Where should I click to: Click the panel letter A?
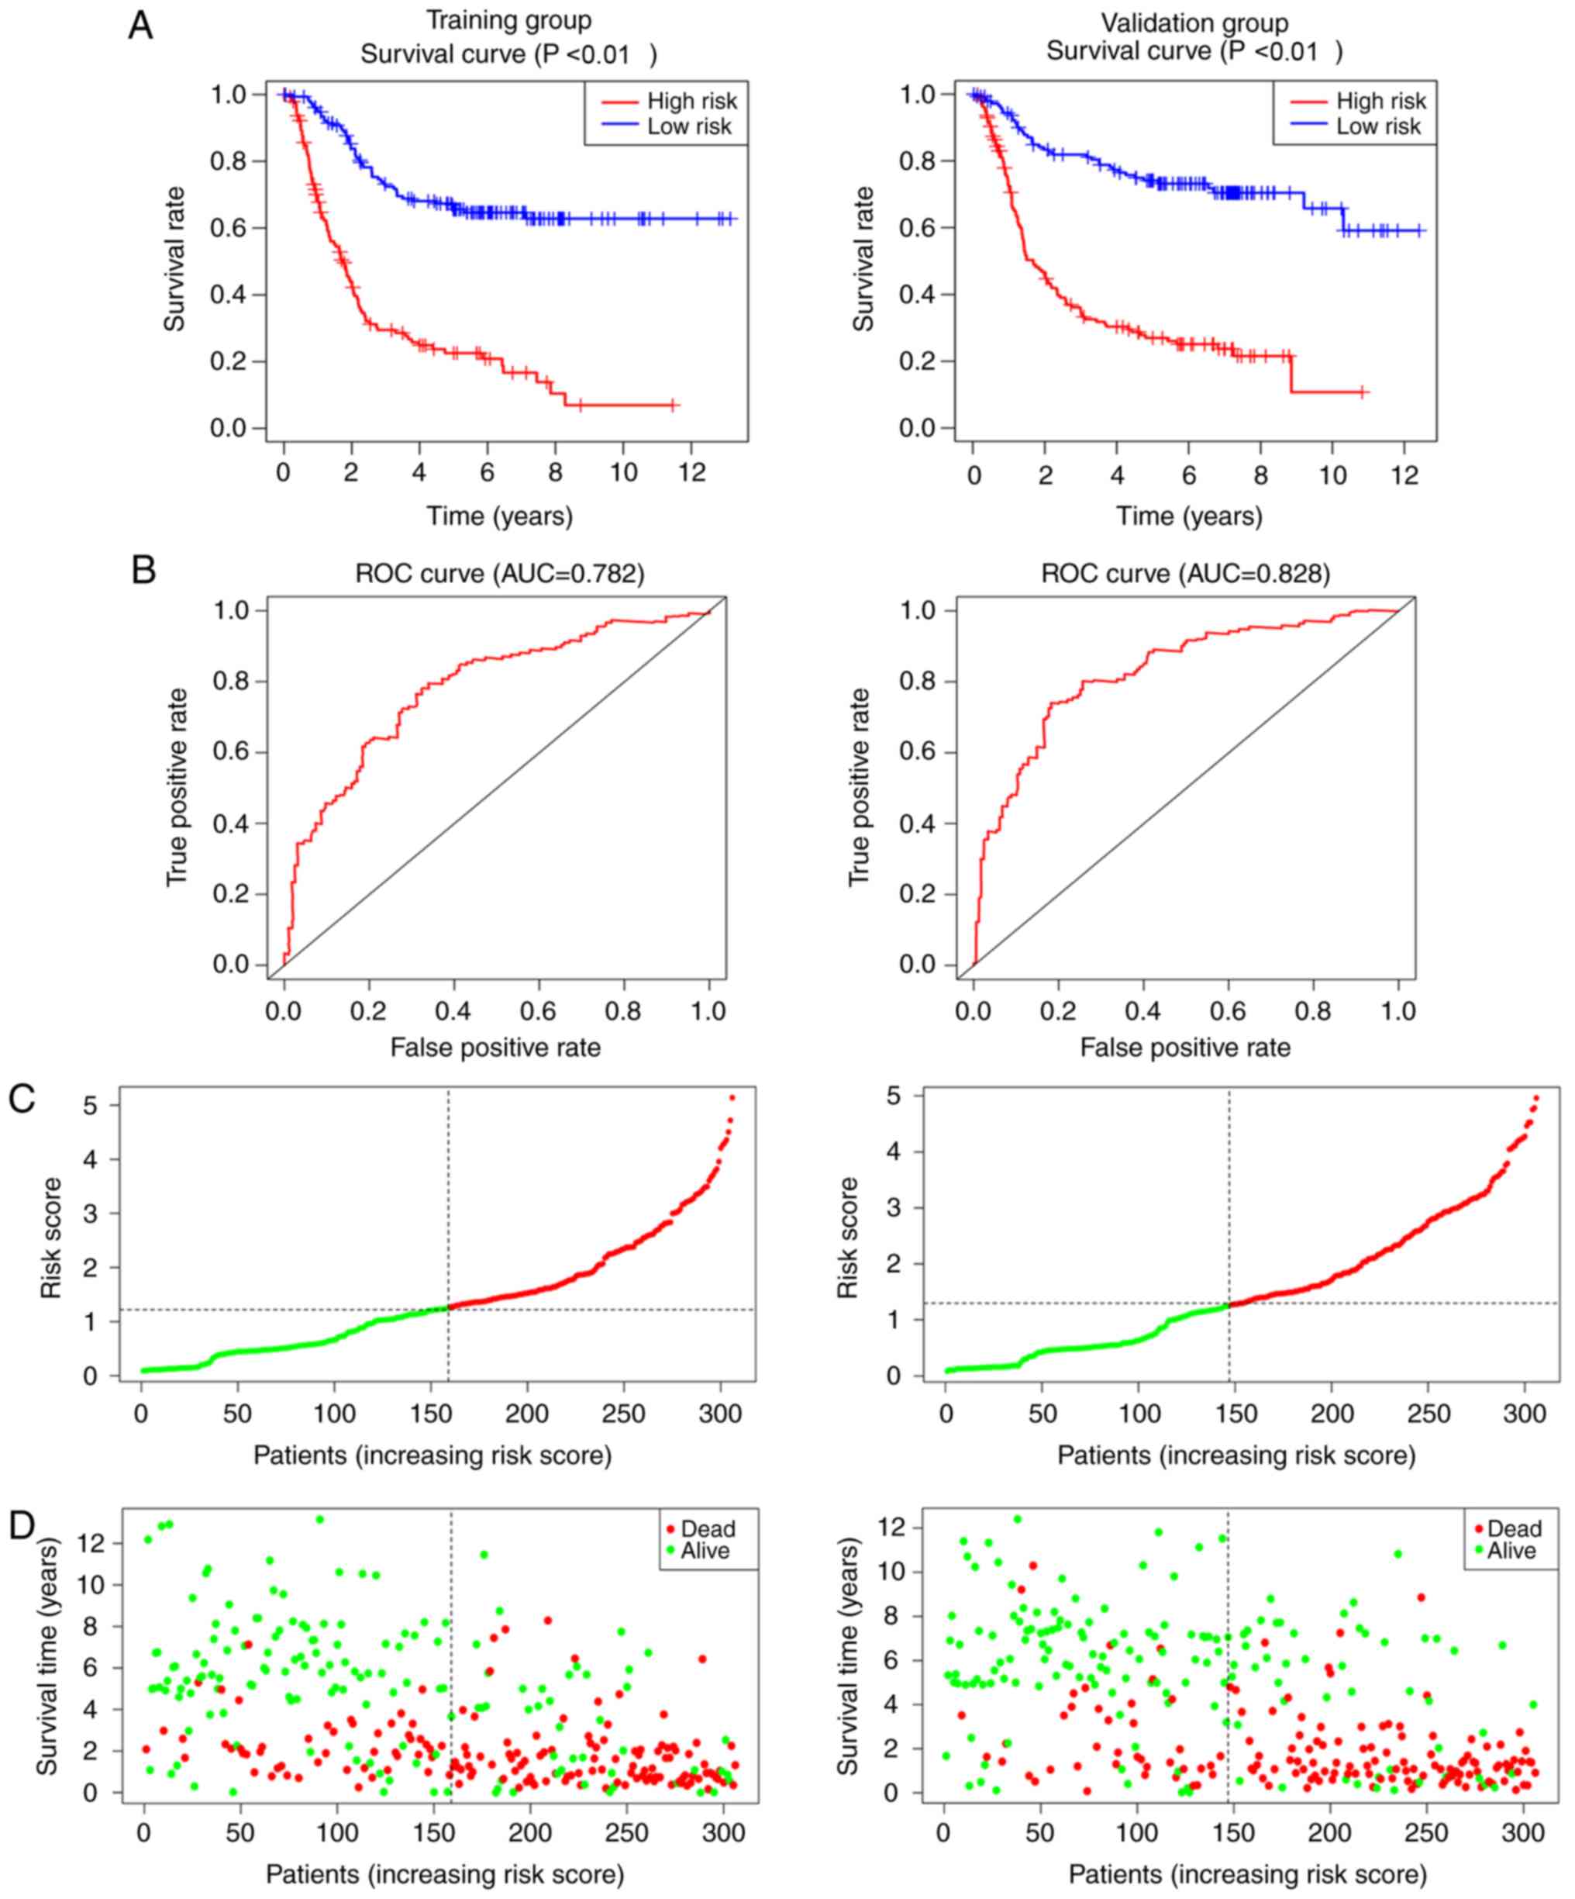(140, 26)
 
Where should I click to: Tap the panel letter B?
(143, 571)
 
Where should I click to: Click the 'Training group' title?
(508, 21)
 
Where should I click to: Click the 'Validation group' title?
(1194, 22)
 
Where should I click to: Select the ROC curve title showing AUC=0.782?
(500, 575)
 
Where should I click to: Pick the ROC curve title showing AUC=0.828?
(1185, 575)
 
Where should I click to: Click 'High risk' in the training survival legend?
(691, 102)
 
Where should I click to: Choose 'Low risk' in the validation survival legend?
(1378, 126)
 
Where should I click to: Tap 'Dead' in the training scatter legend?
(707, 1529)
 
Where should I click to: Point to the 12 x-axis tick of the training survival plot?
(691, 473)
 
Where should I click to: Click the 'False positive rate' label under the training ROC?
(495, 1047)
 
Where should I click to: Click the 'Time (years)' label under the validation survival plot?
(1189, 516)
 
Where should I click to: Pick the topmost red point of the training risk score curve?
(732, 1098)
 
